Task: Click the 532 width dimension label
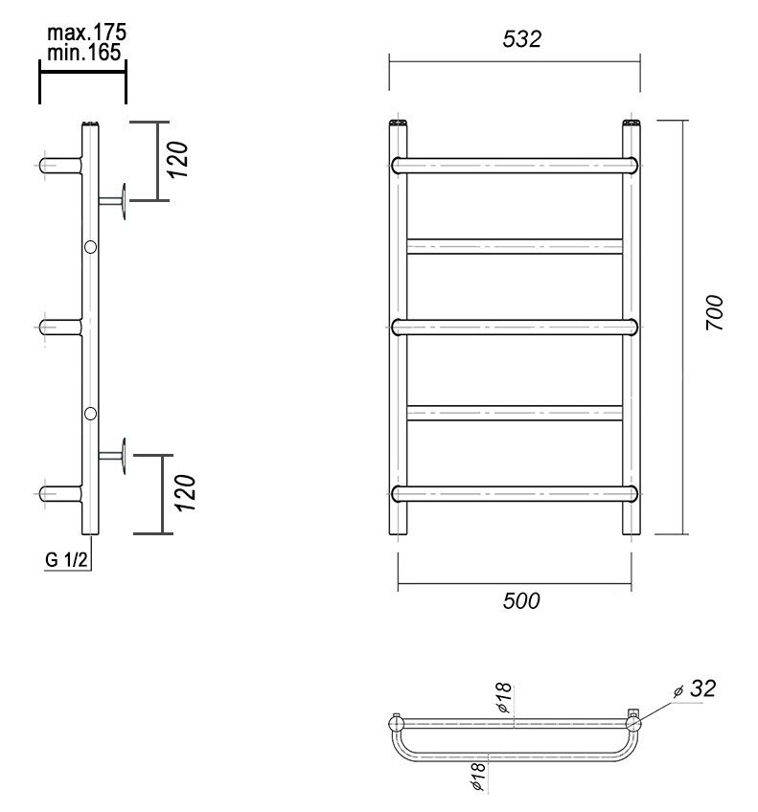click(x=521, y=39)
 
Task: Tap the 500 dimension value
click(x=521, y=600)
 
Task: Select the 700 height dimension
click(x=714, y=313)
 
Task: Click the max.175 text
click(x=86, y=33)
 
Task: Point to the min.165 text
click(x=84, y=52)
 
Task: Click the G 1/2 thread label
click(x=66, y=559)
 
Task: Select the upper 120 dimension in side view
click(x=178, y=160)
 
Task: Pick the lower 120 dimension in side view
click(x=185, y=493)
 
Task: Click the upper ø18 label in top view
click(x=503, y=698)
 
